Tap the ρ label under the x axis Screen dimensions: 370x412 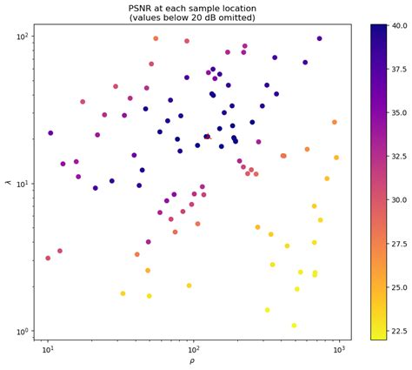pyautogui.click(x=191, y=360)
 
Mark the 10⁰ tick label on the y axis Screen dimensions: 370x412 pyautogui.click(x=23, y=332)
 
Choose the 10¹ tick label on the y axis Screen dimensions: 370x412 pyautogui.click(x=23, y=184)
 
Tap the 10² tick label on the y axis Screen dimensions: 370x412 pyautogui.click(x=23, y=37)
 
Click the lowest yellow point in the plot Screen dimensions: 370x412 pyautogui.click(x=294, y=326)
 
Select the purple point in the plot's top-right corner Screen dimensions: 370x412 pyautogui.click(x=319, y=39)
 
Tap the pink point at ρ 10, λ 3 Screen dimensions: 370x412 pyautogui.click(x=48, y=258)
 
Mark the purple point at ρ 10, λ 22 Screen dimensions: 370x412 pyautogui.click(x=50, y=133)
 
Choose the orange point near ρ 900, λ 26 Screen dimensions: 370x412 pyautogui.click(x=334, y=123)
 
